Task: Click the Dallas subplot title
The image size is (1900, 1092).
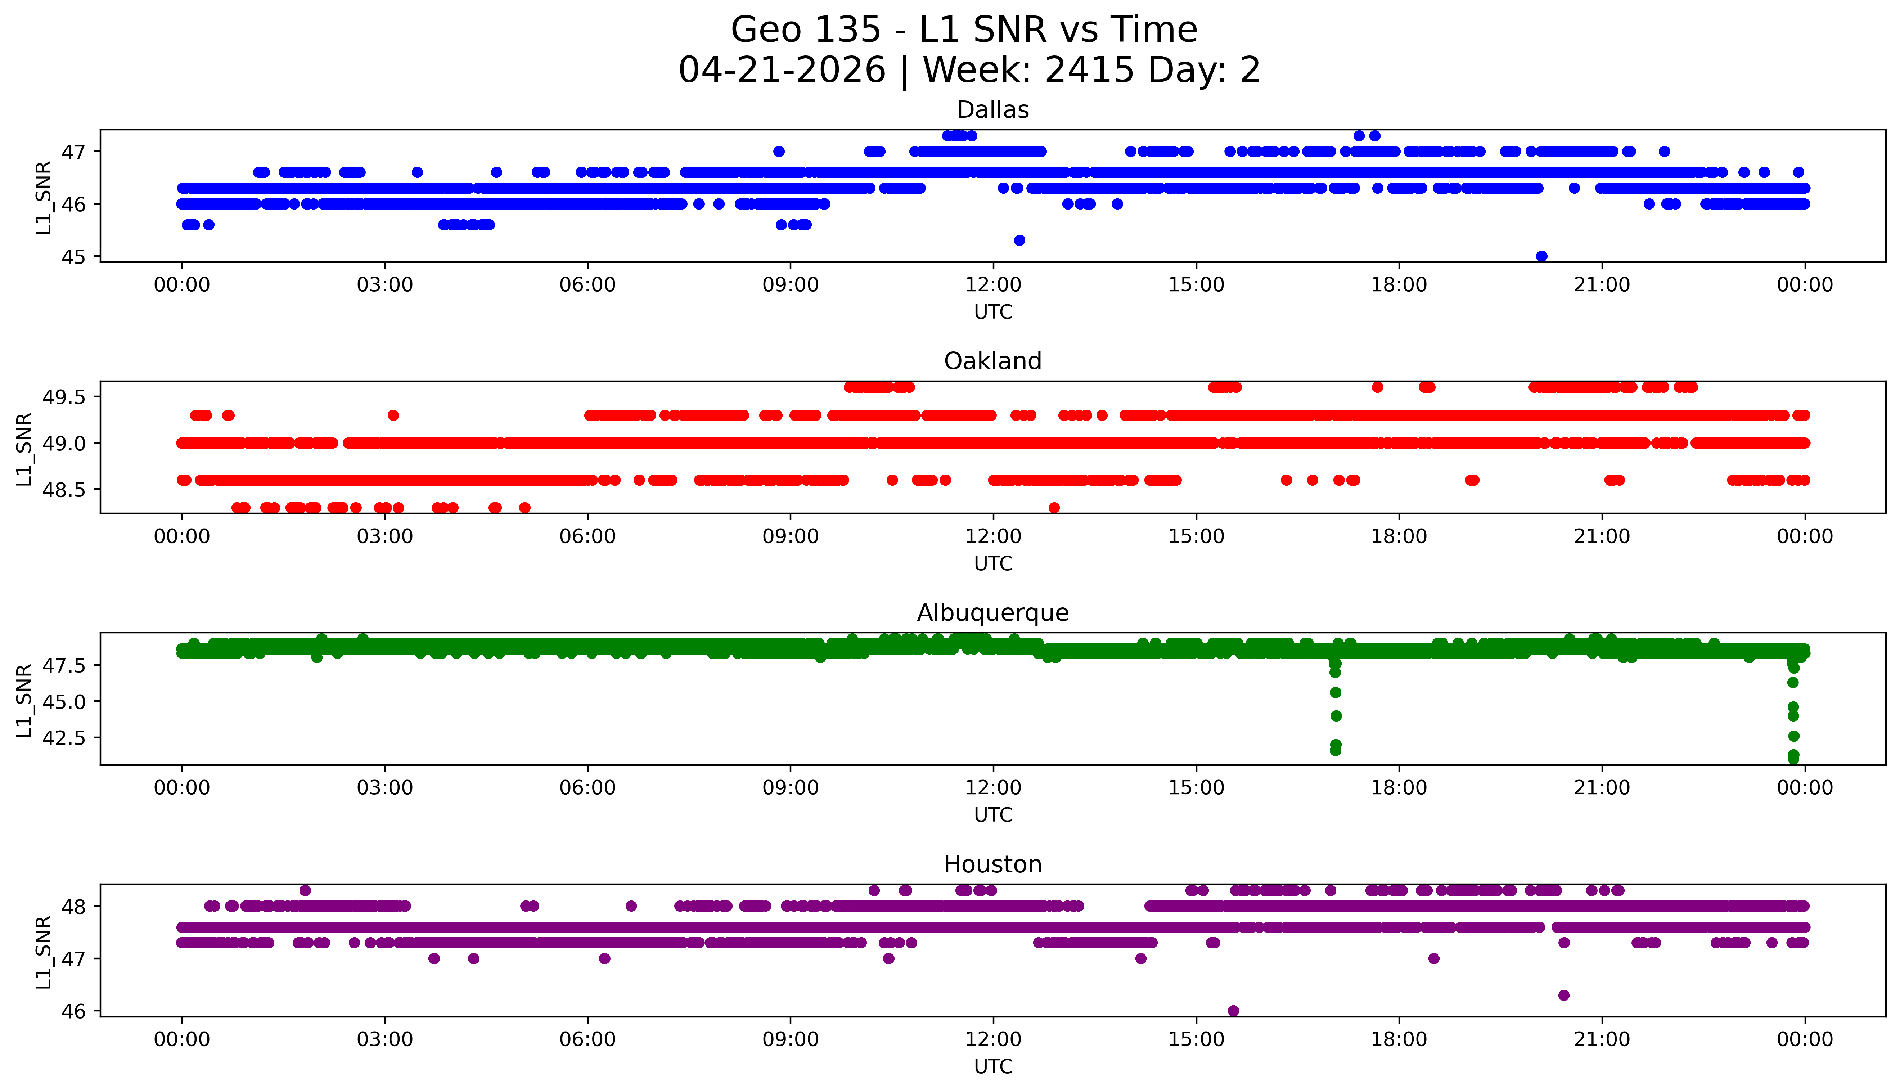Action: pos(993,109)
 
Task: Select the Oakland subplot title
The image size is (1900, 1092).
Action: pos(993,361)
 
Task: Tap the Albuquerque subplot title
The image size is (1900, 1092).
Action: pos(993,613)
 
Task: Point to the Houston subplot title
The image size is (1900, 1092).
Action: pos(993,864)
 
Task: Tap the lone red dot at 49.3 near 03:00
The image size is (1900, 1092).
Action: pos(393,415)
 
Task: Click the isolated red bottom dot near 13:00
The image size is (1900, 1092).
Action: pos(1054,508)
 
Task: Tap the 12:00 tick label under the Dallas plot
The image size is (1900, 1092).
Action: pos(994,285)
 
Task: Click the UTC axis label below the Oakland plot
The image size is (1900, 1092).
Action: pos(994,563)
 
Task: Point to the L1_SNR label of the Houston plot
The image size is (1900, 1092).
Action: pos(44,952)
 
